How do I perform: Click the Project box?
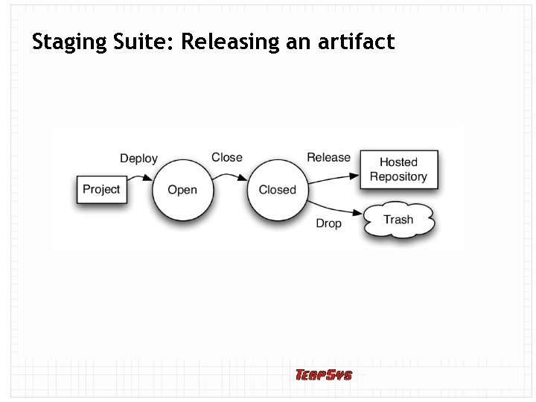pyautogui.click(x=101, y=189)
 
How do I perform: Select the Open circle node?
pyautogui.click(x=182, y=190)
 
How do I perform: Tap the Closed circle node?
pyautogui.click(x=277, y=190)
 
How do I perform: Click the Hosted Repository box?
pyautogui.click(x=398, y=170)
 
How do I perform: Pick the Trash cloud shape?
pyautogui.click(x=398, y=220)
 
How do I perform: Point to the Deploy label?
pyautogui.click(x=138, y=158)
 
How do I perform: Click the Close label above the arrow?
pyautogui.click(x=226, y=157)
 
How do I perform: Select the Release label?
pyautogui.click(x=328, y=157)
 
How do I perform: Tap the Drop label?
pyautogui.click(x=328, y=223)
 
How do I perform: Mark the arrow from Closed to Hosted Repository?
pyautogui.click(x=334, y=177)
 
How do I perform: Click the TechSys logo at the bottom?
pyautogui.click(x=324, y=374)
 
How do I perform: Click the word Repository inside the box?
pyautogui.click(x=398, y=177)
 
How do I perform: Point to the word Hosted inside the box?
pyautogui.click(x=398, y=162)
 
